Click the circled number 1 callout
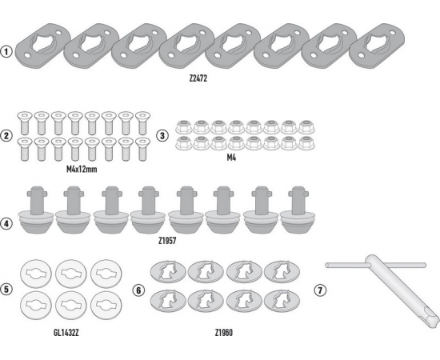point(6,52)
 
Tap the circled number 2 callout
point(6,136)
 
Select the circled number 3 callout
point(162,136)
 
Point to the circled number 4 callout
point(6,224)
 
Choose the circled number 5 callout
point(6,290)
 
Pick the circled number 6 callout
point(138,290)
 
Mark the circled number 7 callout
point(320,290)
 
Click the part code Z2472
point(198,78)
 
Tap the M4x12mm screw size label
point(82,170)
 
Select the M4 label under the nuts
point(231,158)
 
